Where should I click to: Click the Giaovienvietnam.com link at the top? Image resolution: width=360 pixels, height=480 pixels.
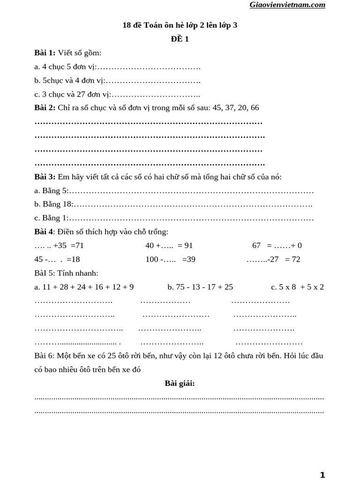point(287,5)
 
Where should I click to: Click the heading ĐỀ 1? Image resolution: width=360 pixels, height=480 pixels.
point(180,39)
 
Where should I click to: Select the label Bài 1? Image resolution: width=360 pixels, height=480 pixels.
point(45,53)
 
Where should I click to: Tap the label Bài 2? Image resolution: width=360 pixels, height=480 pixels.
point(45,108)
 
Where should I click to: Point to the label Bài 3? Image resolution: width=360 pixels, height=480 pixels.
point(45,177)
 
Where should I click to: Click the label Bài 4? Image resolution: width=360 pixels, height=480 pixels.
point(44,232)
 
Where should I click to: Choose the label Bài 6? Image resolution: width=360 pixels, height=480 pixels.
point(44,355)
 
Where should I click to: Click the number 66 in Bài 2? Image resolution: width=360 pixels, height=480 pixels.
point(255,108)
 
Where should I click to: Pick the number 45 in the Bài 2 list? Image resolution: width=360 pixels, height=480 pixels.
point(217,108)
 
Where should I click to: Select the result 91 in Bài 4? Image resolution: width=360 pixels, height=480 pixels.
point(188,245)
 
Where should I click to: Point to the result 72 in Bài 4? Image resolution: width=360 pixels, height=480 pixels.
point(296,259)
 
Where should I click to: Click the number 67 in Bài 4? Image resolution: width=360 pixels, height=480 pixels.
point(256,245)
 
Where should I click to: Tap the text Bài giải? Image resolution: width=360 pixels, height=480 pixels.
point(180,383)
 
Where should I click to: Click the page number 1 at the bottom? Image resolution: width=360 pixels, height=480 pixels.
point(322,475)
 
